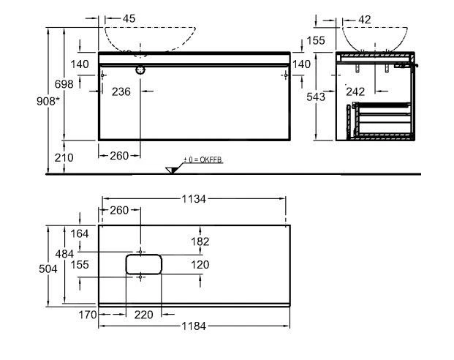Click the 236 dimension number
[121, 91]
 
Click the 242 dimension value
[355, 91]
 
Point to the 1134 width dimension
[192, 198]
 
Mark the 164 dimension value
[80, 233]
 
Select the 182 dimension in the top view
[200, 241]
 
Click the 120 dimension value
[200, 264]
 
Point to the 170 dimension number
[87, 315]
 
